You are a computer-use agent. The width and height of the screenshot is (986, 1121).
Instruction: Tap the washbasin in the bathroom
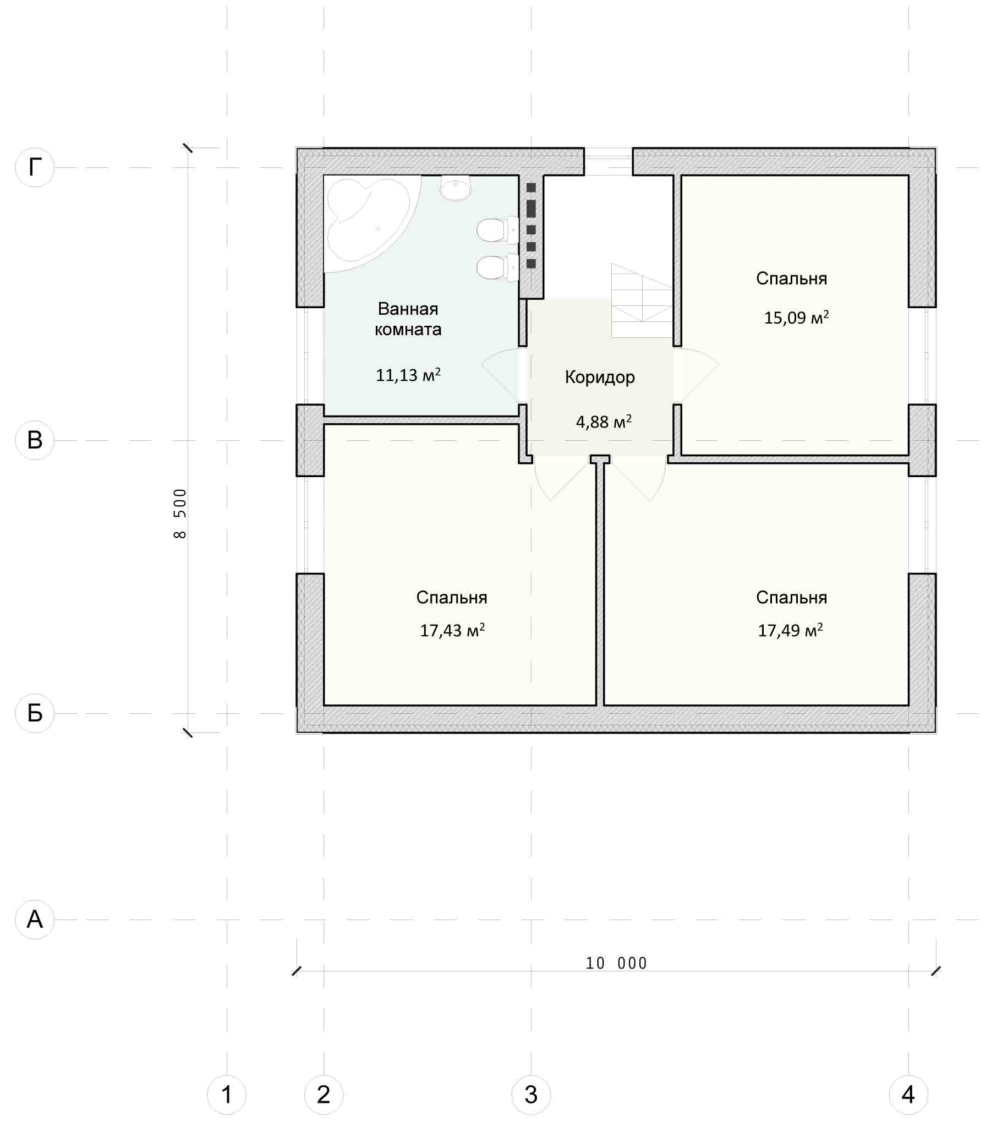point(455,188)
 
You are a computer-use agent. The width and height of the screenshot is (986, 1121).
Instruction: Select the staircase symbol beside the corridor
point(642,300)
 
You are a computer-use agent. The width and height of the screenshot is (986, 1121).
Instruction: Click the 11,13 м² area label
point(408,375)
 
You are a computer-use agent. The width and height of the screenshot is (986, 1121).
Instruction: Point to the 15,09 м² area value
point(796,318)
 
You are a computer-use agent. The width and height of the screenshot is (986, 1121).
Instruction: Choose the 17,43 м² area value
point(452,630)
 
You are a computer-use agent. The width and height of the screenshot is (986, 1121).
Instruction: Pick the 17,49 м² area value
point(790,630)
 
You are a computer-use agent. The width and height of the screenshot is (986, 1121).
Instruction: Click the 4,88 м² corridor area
point(604,422)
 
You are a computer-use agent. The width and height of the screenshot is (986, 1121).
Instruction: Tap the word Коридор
point(600,378)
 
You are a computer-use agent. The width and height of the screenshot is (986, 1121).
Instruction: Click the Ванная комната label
point(408,319)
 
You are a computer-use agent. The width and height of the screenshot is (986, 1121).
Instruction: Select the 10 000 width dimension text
point(616,963)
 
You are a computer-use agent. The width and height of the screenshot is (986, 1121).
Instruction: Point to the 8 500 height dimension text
point(180,513)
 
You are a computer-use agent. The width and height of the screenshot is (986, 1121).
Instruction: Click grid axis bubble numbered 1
point(227,1095)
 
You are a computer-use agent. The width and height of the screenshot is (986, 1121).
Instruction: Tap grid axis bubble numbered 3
point(531,1095)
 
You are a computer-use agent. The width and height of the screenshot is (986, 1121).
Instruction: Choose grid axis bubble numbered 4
point(908,1095)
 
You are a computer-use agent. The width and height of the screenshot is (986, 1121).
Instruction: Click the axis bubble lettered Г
point(35,167)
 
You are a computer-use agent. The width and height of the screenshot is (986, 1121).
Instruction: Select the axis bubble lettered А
point(35,919)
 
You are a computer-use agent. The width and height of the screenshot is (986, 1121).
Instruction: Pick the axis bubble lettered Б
point(35,713)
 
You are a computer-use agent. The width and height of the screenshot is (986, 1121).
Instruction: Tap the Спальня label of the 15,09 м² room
point(791,279)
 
